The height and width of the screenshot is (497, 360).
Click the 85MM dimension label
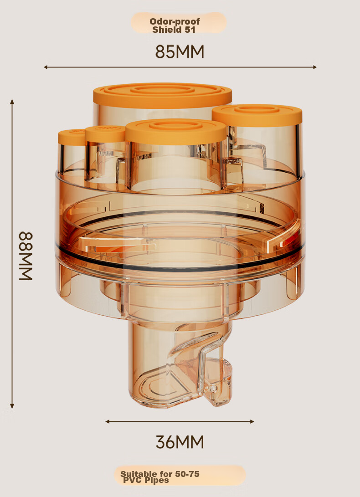(180, 51)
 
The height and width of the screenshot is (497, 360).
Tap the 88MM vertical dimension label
(26, 256)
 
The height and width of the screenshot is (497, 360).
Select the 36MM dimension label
(180, 441)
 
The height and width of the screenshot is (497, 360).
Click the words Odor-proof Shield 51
(175, 26)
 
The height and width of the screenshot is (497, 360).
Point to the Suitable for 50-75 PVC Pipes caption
(160, 477)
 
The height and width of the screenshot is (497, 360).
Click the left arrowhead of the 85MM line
(46, 67)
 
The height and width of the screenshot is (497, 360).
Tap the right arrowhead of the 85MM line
(314, 67)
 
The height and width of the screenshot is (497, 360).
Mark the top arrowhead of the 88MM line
(12, 102)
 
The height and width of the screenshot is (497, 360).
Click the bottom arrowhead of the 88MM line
(12, 406)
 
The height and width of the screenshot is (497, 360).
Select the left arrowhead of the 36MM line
(108, 421)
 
